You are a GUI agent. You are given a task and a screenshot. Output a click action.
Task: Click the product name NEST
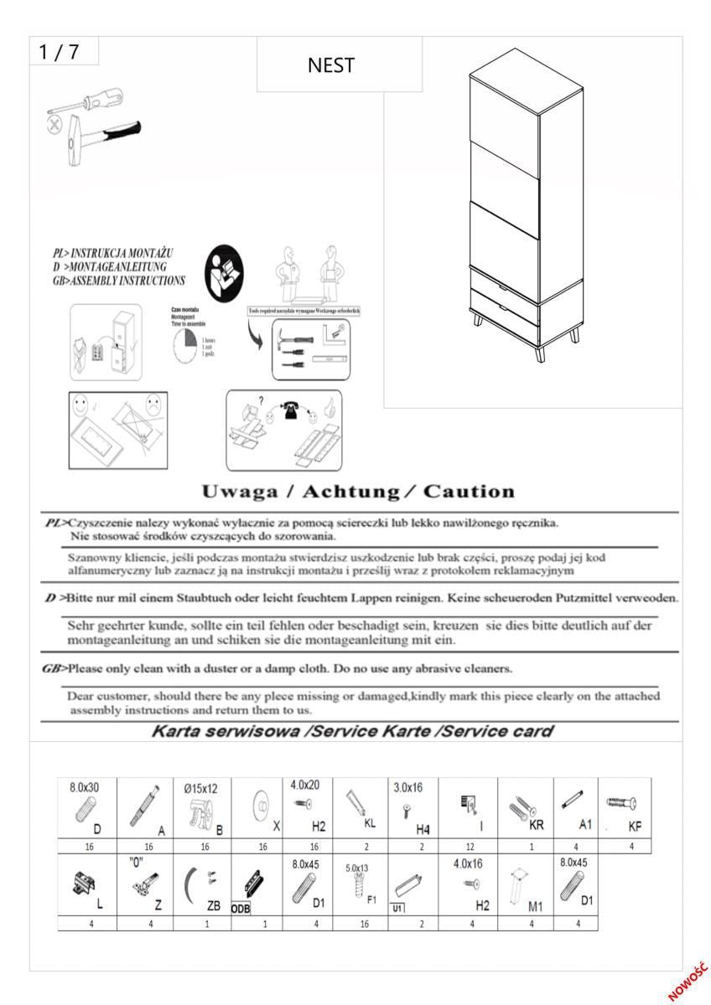[x=331, y=65]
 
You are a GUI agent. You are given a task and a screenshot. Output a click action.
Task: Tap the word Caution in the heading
[x=469, y=492]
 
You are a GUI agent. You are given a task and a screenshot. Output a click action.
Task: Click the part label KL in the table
[x=370, y=822]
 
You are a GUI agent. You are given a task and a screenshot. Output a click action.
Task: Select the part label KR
[x=537, y=824]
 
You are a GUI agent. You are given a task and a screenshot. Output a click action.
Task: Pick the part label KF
[x=636, y=826]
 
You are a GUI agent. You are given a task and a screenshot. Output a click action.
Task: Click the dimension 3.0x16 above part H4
[x=408, y=787]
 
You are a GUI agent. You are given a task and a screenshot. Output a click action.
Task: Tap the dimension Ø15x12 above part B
[x=200, y=787]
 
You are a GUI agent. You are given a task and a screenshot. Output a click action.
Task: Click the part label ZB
[x=215, y=905]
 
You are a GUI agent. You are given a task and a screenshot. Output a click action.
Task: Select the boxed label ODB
[x=241, y=908]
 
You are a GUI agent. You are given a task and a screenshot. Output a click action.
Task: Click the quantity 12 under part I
[x=468, y=847]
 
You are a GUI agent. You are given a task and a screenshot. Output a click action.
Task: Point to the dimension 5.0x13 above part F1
[x=358, y=868]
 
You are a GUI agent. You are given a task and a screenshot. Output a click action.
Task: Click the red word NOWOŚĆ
[x=688, y=981]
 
